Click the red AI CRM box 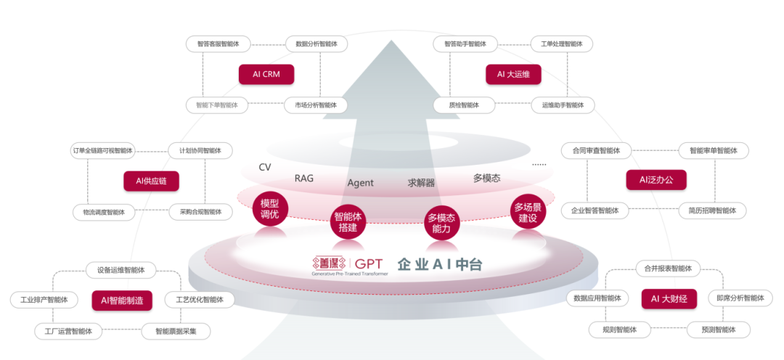click(x=266, y=74)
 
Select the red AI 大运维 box click(x=513, y=74)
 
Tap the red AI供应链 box click(x=151, y=181)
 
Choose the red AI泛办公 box click(x=656, y=180)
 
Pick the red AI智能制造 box click(x=122, y=300)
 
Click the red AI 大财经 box click(x=669, y=298)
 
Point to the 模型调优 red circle click(x=269, y=209)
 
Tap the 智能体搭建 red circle click(x=348, y=222)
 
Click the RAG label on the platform click(x=304, y=179)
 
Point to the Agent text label click(x=360, y=183)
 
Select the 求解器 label click(x=421, y=183)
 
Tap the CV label click(x=265, y=168)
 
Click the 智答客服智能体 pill click(x=218, y=44)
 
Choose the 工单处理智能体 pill click(x=561, y=44)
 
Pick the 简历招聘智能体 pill click(x=712, y=210)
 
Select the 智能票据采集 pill click(x=175, y=331)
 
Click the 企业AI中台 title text click(x=439, y=265)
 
